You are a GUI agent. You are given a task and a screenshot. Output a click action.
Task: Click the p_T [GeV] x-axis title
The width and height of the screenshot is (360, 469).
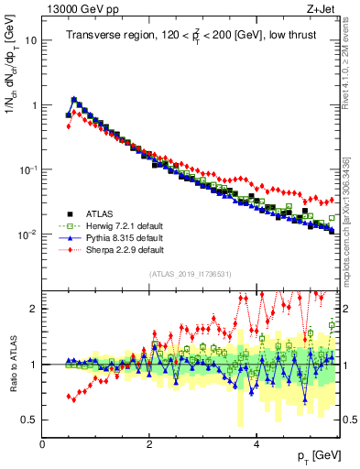tap(321, 455)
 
